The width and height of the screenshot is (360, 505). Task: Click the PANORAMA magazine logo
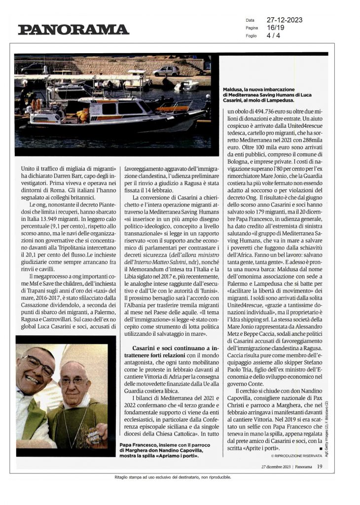click(73, 30)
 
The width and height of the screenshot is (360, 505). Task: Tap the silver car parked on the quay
click(166, 71)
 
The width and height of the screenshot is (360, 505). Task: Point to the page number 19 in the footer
click(320, 466)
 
